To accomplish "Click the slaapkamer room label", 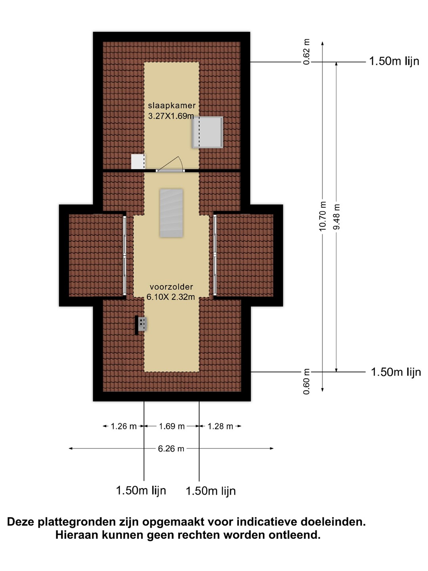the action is (172, 105).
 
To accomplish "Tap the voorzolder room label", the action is (171, 287).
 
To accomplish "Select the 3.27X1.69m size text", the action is (171, 116).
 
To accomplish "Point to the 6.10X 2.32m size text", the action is (171, 297).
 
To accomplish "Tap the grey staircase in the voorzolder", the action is (171, 213).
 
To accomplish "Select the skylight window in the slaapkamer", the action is (207, 132).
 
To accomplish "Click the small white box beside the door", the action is (138, 161).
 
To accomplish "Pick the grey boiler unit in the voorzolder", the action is (142, 324).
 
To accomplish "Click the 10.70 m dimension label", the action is (322, 216).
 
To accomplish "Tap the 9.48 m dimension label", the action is (336, 217).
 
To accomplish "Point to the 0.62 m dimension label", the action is (307, 52).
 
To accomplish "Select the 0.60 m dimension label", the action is (307, 381).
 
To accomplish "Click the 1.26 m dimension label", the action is (124, 426).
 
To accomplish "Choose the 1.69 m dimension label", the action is (172, 426).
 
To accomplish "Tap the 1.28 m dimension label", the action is (220, 426).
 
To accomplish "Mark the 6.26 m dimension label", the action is (171, 448).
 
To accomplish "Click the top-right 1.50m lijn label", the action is (394, 61).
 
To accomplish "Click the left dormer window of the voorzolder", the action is (124, 256).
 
